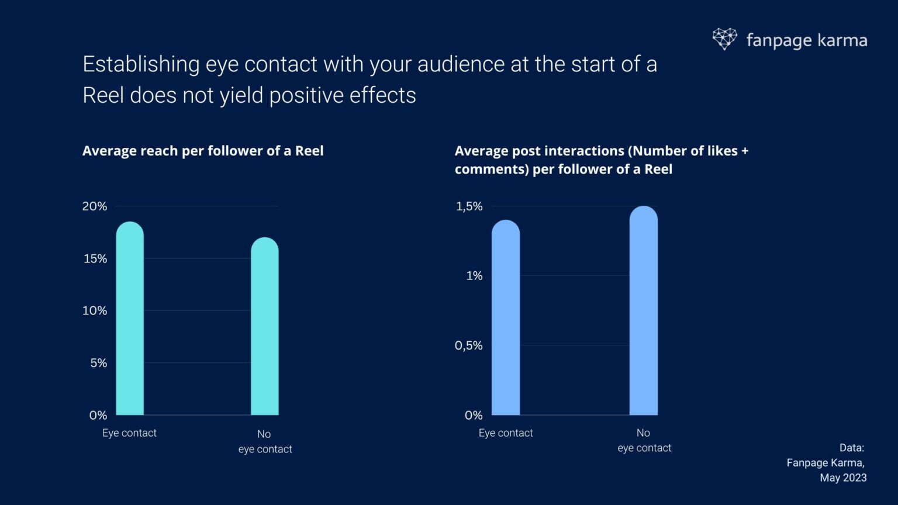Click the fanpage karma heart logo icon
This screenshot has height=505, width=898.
pyautogui.click(x=724, y=39)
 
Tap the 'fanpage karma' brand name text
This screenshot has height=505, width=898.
pyautogui.click(x=806, y=40)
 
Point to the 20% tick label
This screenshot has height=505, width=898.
pyautogui.click(x=95, y=206)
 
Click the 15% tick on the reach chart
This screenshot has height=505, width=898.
pyautogui.click(x=95, y=258)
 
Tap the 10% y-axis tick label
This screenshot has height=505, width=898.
pyautogui.click(x=95, y=311)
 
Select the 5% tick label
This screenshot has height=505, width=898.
pyautogui.click(x=98, y=363)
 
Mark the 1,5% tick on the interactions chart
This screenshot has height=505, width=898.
pyautogui.click(x=469, y=206)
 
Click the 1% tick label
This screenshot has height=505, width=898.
pyautogui.click(x=474, y=276)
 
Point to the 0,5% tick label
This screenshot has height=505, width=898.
pyautogui.click(x=469, y=345)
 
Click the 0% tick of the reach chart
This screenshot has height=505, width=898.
pyautogui.click(x=98, y=416)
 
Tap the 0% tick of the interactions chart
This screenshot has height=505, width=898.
pyautogui.click(x=474, y=416)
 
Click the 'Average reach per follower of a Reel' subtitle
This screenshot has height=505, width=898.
pyautogui.click(x=203, y=151)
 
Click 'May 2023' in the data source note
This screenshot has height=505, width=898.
pyautogui.click(x=843, y=478)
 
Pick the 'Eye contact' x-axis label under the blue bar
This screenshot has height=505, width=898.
pyautogui.click(x=506, y=433)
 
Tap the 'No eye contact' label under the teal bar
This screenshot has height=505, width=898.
pyautogui.click(x=265, y=441)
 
